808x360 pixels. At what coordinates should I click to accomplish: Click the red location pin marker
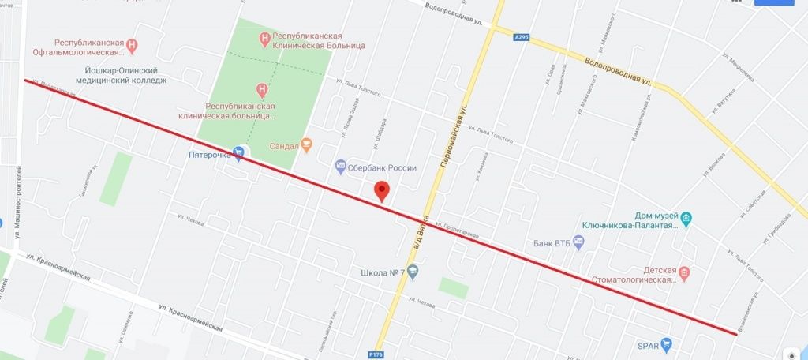coord(382,190)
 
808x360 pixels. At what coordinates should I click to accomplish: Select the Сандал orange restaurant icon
coord(308,144)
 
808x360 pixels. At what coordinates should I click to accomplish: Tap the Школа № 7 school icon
coord(413,273)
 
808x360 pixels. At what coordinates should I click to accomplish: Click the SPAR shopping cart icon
coord(667,344)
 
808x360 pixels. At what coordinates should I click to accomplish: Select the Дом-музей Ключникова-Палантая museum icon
coord(686,219)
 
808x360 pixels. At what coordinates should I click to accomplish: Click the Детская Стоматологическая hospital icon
coord(685,273)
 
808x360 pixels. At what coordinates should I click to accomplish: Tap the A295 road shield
coord(520,36)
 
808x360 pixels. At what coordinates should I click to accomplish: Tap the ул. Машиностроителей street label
coord(16,206)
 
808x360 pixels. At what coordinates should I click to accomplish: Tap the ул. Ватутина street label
coord(723,103)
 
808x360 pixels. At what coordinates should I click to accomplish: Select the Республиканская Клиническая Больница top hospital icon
coord(266,36)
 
